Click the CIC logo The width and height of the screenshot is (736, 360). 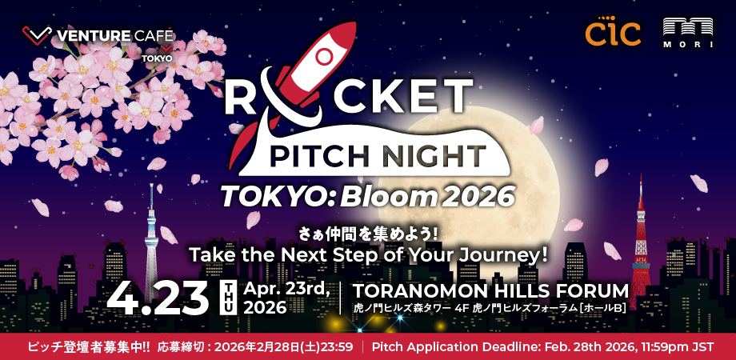[x=613, y=33]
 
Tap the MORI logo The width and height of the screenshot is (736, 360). [x=687, y=32]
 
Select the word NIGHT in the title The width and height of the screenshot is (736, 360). [x=436, y=154]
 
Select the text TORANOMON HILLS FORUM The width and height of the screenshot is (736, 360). [x=490, y=290]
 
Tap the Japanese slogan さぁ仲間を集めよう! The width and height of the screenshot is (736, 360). [x=368, y=234]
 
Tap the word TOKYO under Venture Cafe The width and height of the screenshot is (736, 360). [x=157, y=58]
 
